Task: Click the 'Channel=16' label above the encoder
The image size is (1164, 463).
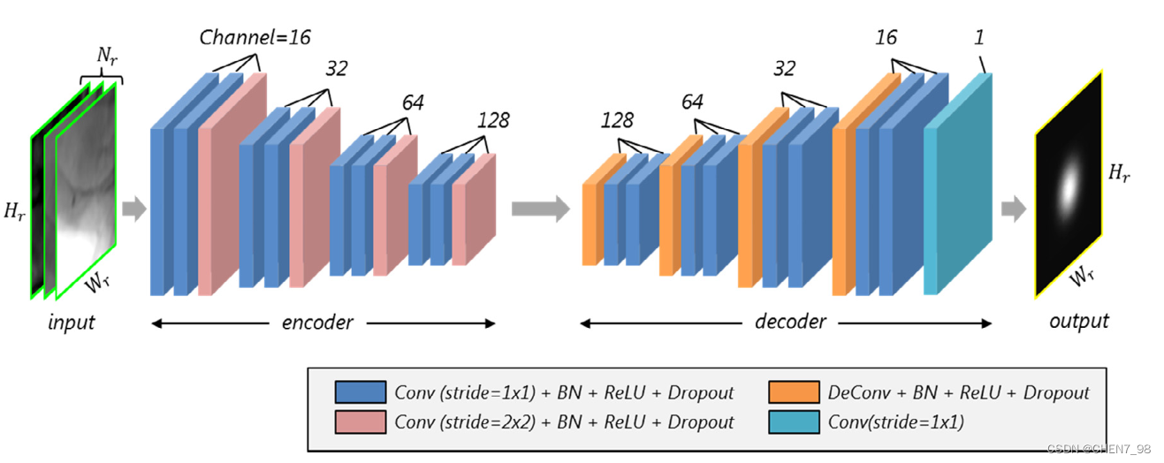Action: (255, 37)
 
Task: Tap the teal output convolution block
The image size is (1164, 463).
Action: (958, 184)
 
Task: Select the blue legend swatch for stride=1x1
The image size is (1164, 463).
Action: (360, 392)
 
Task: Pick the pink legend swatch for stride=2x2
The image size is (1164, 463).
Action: (360, 421)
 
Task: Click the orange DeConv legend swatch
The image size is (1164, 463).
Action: (794, 392)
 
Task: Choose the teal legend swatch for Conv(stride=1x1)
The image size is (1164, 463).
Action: (794, 421)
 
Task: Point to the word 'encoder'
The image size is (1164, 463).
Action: (317, 323)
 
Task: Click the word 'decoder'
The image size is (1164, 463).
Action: (790, 323)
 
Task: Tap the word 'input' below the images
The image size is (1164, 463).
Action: (72, 323)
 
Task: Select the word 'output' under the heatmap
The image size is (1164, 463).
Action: (1079, 321)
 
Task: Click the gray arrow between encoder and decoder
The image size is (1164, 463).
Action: (541, 209)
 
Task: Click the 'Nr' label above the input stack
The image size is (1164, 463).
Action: (107, 55)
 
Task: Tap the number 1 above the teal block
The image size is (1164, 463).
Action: (979, 37)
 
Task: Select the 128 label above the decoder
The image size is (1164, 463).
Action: (617, 120)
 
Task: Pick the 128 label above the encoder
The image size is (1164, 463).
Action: (493, 120)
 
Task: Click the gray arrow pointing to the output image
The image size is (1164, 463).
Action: (1014, 209)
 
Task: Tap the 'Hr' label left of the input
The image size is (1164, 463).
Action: (14, 211)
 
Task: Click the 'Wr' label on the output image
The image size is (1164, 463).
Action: (1082, 276)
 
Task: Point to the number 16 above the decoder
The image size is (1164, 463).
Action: (886, 37)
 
